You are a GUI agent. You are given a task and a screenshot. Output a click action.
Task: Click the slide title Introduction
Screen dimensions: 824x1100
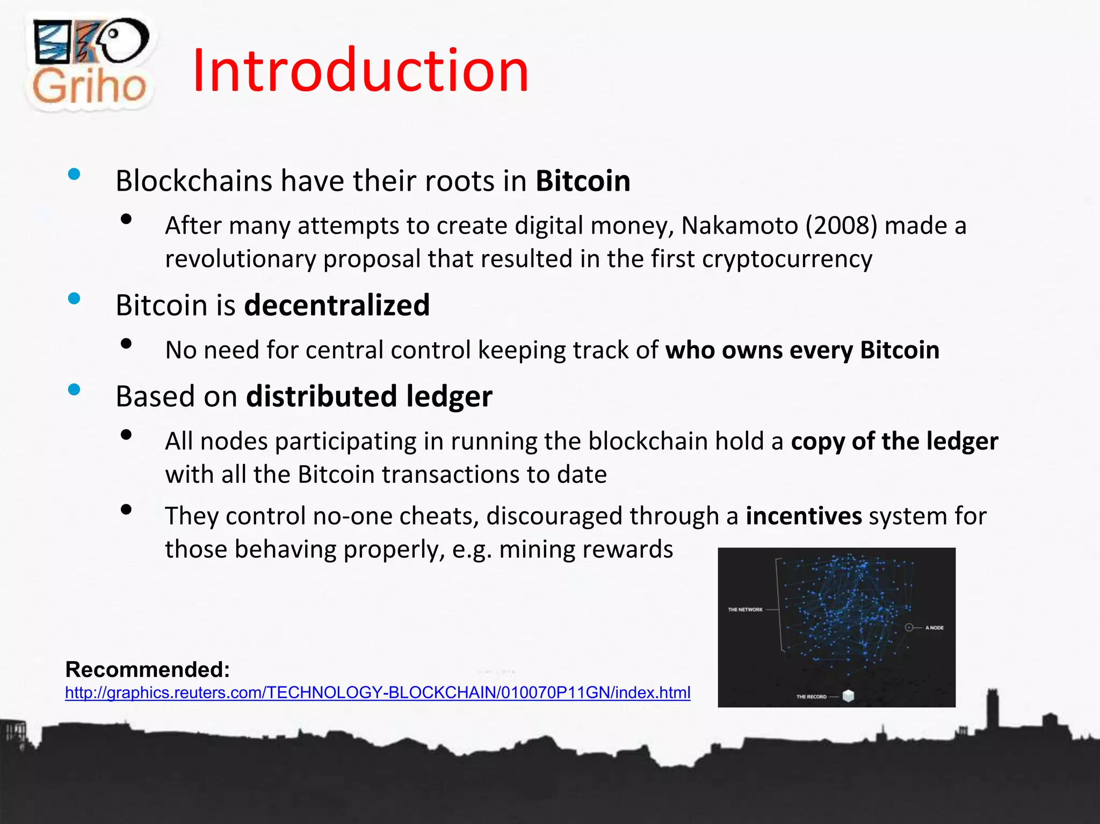[x=360, y=70]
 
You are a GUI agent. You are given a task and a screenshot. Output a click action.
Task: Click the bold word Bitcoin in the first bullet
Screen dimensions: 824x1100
[x=583, y=180]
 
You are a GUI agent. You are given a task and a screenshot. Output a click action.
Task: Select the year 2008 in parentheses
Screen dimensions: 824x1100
[x=841, y=225]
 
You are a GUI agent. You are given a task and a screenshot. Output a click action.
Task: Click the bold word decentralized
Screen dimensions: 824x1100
[x=337, y=305]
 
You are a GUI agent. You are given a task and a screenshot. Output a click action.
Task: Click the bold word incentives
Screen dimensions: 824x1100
[x=804, y=516]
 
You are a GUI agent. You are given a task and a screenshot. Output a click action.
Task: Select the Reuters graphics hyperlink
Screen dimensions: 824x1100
[x=378, y=692]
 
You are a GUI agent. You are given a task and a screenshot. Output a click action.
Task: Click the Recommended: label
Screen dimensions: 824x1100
[x=148, y=669]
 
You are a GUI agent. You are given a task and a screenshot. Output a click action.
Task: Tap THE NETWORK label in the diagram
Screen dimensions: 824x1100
[x=745, y=610]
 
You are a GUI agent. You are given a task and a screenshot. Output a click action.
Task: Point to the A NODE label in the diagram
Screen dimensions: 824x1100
[x=934, y=627]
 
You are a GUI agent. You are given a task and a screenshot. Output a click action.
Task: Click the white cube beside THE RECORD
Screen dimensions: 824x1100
[x=848, y=696]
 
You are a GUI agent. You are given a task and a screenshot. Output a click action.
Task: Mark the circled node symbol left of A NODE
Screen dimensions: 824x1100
[x=909, y=627]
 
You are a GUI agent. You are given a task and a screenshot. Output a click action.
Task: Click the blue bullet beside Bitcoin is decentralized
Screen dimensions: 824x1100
[x=74, y=299]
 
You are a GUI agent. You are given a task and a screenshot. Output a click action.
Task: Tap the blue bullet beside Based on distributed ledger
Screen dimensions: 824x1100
[x=74, y=389]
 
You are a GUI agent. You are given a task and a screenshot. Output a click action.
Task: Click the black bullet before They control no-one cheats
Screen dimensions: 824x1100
[x=126, y=509]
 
